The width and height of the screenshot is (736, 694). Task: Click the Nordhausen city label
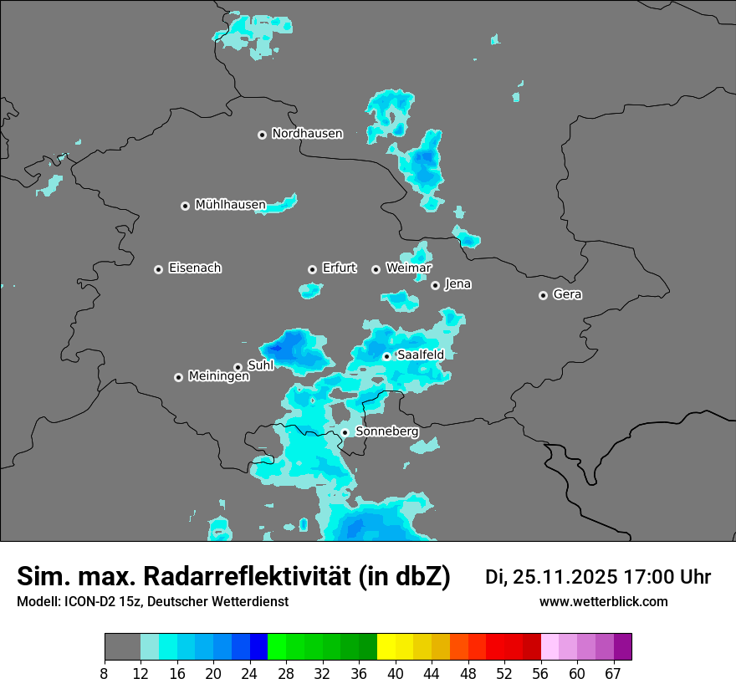pos(307,134)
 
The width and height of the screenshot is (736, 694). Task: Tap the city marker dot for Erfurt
pos(312,269)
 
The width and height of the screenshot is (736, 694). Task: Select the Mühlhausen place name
pos(230,205)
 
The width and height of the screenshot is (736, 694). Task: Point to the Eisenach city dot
pos(158,269)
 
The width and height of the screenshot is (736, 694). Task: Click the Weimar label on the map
pos(408,268)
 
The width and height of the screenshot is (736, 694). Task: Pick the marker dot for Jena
pos(435,285)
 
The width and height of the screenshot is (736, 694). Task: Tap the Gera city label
pos(567,294)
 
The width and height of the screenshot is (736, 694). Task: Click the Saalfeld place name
pos(420,355)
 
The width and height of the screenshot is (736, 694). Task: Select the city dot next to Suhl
pos(238,367)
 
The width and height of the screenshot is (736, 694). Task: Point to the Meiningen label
pos(218,377)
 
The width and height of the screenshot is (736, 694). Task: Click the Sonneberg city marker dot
pos(345,432)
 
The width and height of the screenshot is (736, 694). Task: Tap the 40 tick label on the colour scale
pos(396,673)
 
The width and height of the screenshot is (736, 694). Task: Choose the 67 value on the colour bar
pos(613,673)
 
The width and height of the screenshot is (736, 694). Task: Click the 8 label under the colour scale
pos(105,673)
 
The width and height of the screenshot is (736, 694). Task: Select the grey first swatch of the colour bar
pos(122,647)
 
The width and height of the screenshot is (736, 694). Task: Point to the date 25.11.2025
pos(566,577)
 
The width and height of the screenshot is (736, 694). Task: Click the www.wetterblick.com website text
pos(603,601)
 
